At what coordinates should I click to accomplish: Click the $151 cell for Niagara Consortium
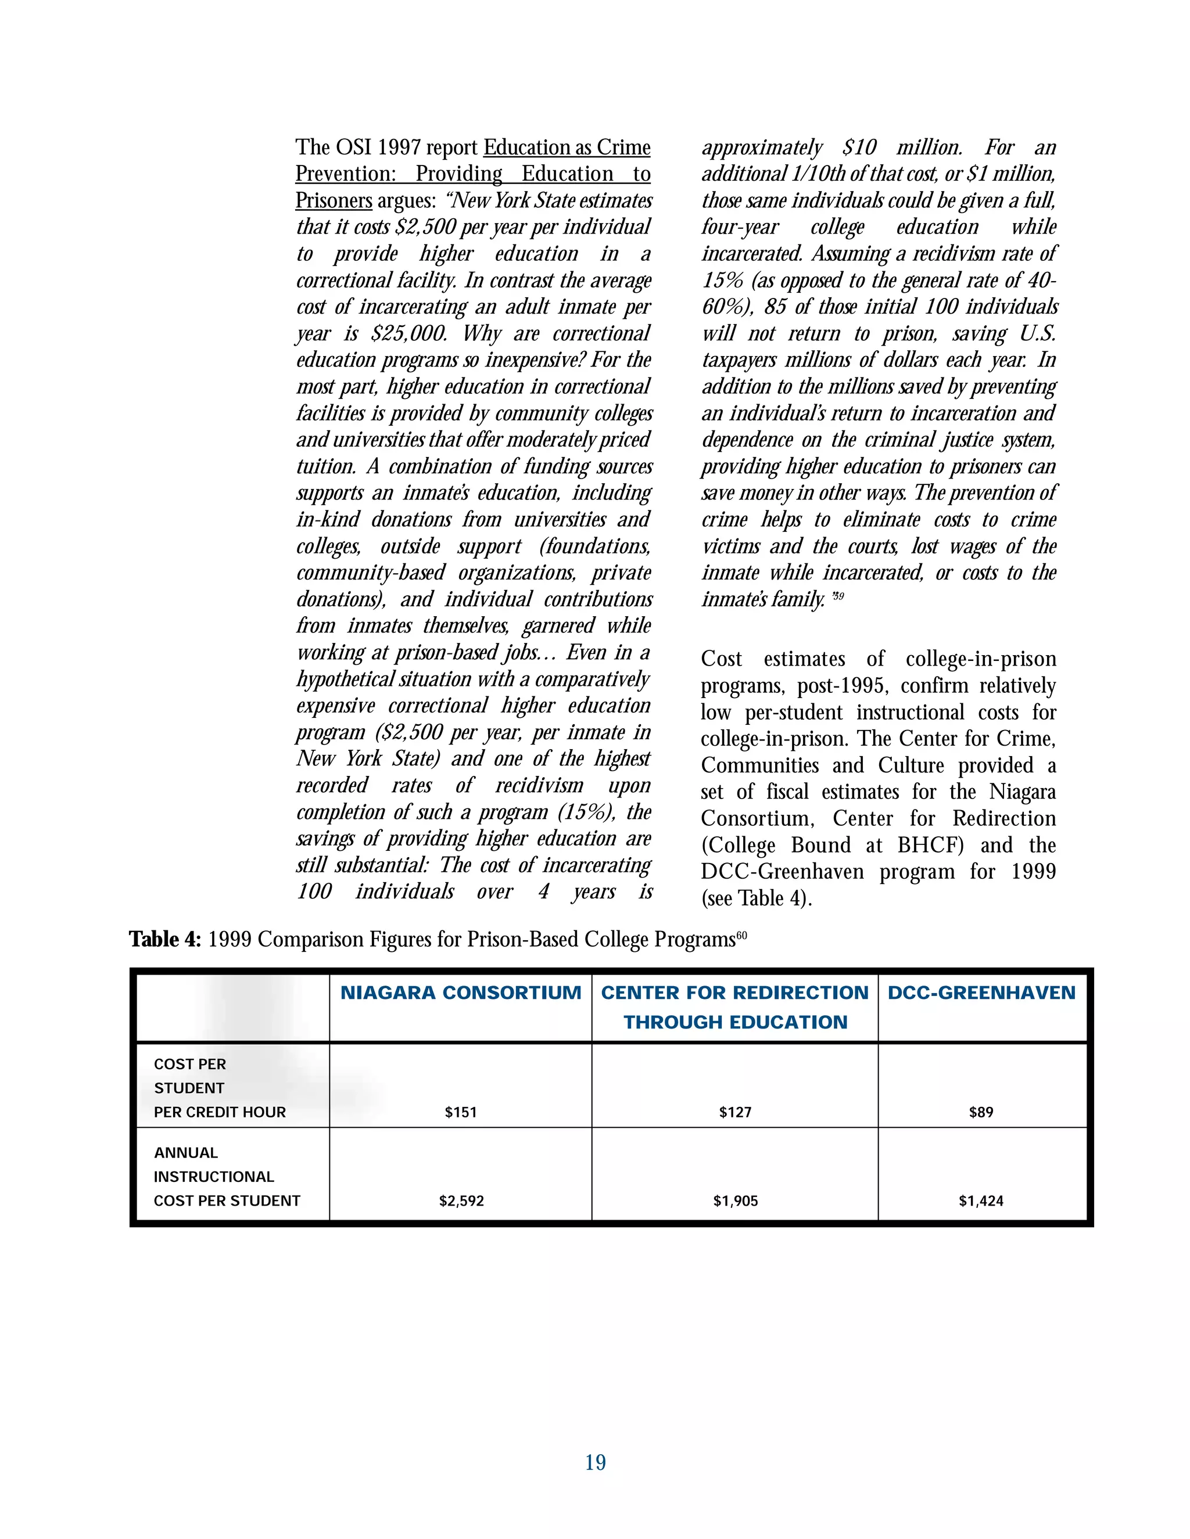pyautogui.click(x=460, y=1112)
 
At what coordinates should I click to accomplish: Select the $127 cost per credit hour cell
pyautogui.click(x=734, y=1112)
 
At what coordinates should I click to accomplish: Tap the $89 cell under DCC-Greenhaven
pyautogui.click(x=981, y=1112)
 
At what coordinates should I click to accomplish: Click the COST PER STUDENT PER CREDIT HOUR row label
pyautogui.click(x=219, y=1088)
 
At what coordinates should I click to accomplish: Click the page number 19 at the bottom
pyautogui.click(x=595, y=1463)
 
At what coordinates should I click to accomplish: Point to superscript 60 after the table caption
pyautogui.click(x=741, y=935)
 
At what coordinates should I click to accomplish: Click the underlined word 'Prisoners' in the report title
pyautogui.click(x=334, y=201)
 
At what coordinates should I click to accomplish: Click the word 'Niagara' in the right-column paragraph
pyautogui.click(x=1021, y=792)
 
